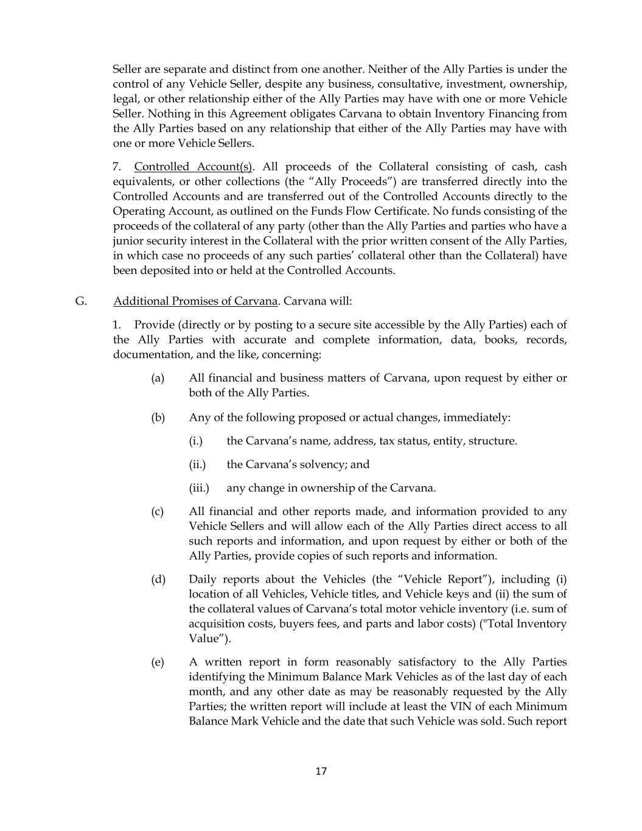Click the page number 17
[x=321, y=771]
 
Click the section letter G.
[x=81, y=301]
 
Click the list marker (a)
[x=158, y=378]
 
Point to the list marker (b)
[x=158, y=417]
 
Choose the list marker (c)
[x=158, y=511]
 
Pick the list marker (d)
[x=158, y=579]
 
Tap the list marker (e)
[x=158, y=662]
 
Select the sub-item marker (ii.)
[x=197, y=465]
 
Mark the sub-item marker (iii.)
[x=199, y=488]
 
